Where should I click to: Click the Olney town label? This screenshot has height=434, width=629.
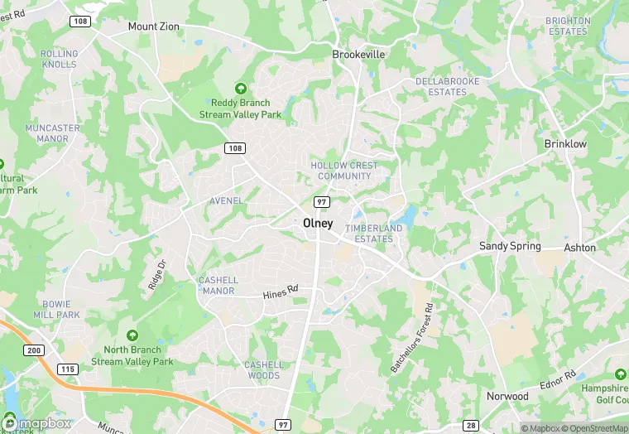pos(318,224)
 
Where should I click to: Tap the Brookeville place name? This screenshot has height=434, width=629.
pos(359,54)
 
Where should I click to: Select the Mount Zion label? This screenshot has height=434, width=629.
pos(154,27)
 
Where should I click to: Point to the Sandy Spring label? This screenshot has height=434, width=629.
pos(511,246)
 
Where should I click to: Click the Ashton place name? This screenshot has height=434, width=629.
pos(579,248)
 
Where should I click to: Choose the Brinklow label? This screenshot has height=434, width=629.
pos(565,144)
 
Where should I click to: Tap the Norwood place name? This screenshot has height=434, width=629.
pos(507,396)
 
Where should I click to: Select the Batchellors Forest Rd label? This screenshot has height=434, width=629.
pos(413,337)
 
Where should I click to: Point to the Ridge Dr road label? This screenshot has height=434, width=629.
pos(156,274)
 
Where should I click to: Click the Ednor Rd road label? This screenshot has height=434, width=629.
pos(559,381)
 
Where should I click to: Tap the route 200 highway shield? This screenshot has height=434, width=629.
pos(34,351)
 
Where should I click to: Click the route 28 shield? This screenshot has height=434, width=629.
pos(472,425)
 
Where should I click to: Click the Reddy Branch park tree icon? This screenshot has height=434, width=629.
pos(241,88)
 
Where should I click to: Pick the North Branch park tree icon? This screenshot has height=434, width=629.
pos(132,335)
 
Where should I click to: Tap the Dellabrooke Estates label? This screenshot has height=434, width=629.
pos(441,87)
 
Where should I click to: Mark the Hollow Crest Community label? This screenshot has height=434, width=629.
pos(344,171)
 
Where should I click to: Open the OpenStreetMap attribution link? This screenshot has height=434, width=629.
pos(593,428)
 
